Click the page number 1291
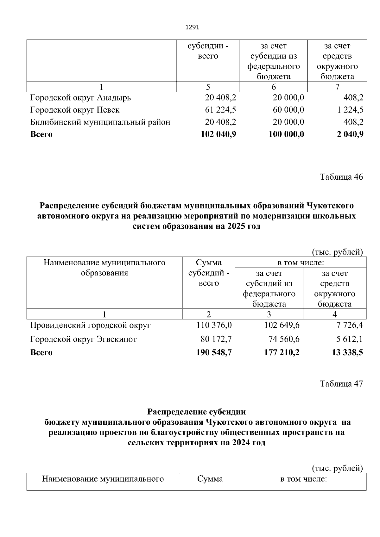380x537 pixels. tap(192, 28)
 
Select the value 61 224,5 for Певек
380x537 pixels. tap(221, 110)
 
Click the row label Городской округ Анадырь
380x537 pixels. tap(80, 98)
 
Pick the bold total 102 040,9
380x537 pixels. tap(218, 134)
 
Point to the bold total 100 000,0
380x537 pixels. tap(286, 134)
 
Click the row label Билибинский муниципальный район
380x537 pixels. tap(100, 122)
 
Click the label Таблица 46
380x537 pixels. tap(341, 177)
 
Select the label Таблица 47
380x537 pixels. tap(341, 384)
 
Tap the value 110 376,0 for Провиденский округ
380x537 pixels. tap(214, 325)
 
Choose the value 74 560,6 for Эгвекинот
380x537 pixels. tap(282, 339)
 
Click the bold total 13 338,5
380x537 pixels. tap(347, 352)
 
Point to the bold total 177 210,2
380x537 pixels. tap(282, 352)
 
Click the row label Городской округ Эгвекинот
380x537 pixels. tap(83, 339)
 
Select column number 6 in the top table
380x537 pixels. tap(274, 87)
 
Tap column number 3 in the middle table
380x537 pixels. tap(269, 314)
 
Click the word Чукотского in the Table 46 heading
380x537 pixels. tap(330, 206)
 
